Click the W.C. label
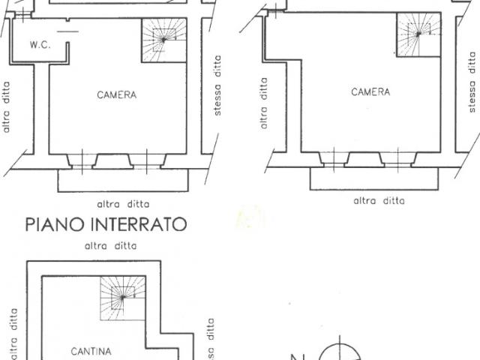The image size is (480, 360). (40, 45)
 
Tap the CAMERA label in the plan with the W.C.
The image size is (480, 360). (117, 94)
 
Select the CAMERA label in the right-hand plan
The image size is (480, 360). (370, 92)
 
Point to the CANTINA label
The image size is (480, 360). (91, 351)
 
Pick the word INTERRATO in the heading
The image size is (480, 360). (138, 223)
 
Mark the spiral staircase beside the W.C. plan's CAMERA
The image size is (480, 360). (163, 40)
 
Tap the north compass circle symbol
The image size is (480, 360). (340, 352)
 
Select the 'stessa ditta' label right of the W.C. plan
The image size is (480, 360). (217, 85)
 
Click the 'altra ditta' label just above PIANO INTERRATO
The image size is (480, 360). (122, 204)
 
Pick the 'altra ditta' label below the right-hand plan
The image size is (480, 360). (379, 201)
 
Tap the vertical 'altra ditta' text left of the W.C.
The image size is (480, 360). (6, 106)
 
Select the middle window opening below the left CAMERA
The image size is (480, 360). (112, 160)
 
